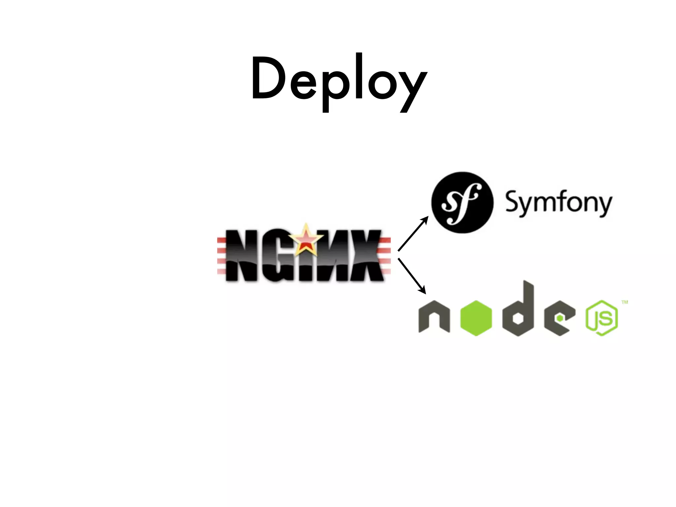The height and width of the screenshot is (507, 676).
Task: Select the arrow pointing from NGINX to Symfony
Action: pyautogui.click(x=413, y=234)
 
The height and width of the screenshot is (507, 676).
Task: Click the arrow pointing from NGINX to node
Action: pyautogui.click(x=412, y=276)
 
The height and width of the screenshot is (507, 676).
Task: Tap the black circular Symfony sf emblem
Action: pyautogui.click(x=462, y=202)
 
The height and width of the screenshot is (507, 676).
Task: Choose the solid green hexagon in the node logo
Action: pyautogui.click(x=476, y=318)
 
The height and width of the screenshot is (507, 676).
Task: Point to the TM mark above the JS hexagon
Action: pyautogui.click(x=625, y=302)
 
